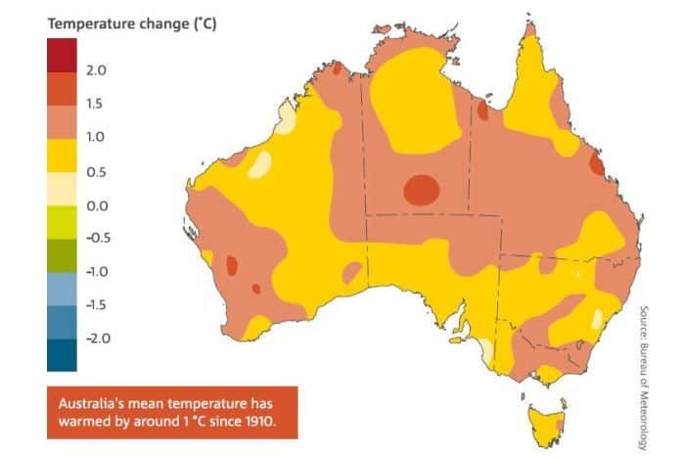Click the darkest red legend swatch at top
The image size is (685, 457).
click(x=62, y=55)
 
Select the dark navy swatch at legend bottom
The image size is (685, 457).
click(x=62, y=354)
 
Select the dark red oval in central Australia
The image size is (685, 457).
click(x=422, y=189)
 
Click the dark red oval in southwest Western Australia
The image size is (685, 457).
click(x=233, y=265)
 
